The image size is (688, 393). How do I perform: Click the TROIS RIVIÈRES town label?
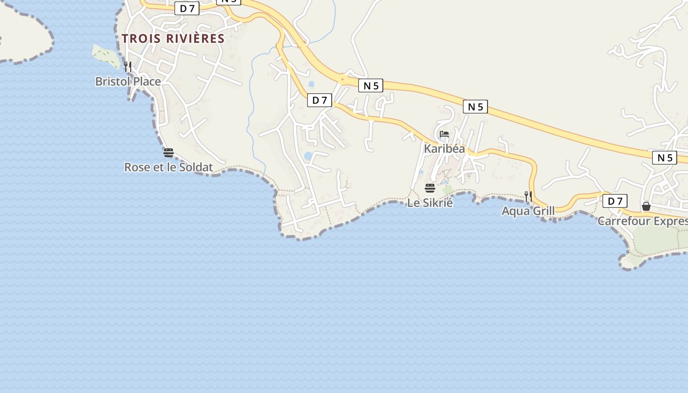[x=173, y=38]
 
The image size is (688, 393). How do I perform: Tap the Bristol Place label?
[x=128, y=81]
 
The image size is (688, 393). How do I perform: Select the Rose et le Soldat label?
[x=168, y=167]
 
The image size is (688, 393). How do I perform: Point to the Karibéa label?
[x=444, y=148]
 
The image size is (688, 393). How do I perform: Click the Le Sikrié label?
[x=430, y=202]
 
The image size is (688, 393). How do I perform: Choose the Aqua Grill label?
[x=528, y=211]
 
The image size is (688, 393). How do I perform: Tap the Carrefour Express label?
[x=642, y=221]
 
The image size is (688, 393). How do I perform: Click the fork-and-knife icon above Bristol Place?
[x=128, y=66]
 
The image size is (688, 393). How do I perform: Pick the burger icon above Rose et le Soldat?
[x=169, y=153]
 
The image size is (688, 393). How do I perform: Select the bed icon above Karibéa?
[x=444, y=134]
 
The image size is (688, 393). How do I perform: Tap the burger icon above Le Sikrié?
[x=430, y=188]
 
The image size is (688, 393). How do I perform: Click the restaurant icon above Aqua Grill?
[x=528, y=196]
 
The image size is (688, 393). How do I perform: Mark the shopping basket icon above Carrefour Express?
[x=646, y=206]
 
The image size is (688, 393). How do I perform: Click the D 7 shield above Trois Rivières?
[x=187, y=8]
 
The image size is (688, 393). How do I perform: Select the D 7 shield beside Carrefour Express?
[x=615, y=201]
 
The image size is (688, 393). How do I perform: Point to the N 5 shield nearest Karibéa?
[x=475, y=107]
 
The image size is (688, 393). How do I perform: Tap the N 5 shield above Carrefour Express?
[x=664, y=158]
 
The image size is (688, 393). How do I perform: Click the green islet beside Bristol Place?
[x=106, y=56]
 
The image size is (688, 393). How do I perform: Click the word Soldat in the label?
[x=197, y=167]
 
